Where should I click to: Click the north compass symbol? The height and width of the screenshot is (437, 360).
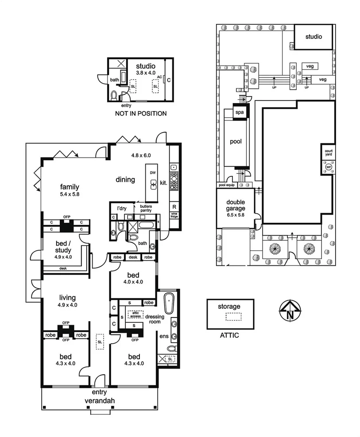coord(290,310)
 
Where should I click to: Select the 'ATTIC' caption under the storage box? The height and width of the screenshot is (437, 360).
coord(229,335)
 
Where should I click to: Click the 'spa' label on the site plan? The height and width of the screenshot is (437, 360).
coord(239,113)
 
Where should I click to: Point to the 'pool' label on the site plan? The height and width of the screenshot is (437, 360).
coord(236,142)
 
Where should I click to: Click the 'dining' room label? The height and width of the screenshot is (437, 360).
coord(126,180)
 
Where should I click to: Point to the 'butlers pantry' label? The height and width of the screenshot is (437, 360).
coord(146,208)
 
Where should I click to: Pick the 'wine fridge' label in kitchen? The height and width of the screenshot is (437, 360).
coord(174,215)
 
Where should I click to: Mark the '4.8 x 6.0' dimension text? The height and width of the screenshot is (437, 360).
coord(141,155)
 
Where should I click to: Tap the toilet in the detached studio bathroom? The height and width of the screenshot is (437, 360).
coord(115,95)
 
